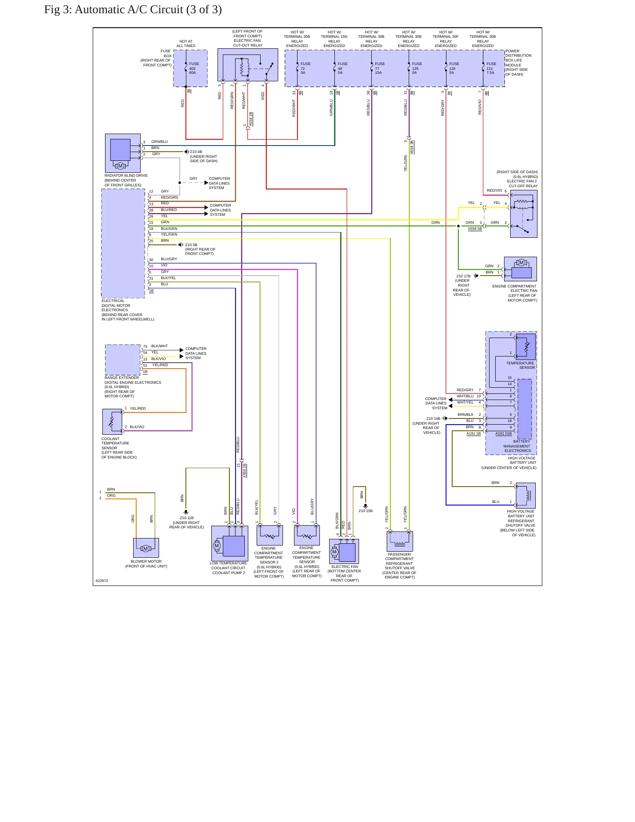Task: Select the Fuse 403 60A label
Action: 194,68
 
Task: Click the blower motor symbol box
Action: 146,548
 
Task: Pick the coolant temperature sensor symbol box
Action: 112,422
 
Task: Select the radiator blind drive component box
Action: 123,153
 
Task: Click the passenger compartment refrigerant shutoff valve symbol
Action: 399,541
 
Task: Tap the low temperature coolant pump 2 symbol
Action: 229,543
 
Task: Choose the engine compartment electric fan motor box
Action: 520,269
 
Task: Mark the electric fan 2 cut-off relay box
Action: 523,214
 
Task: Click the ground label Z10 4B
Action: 196,152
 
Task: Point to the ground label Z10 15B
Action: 366,511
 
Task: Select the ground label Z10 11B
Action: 187,518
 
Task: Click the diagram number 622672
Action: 102,581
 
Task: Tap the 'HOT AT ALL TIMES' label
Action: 186,44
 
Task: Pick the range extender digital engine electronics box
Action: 123,360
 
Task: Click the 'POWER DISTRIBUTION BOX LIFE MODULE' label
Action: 519,60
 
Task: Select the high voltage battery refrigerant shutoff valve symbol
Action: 526,495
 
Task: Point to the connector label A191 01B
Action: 504,433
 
